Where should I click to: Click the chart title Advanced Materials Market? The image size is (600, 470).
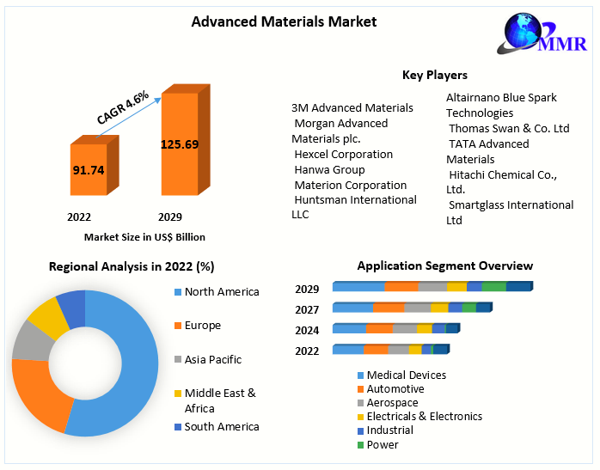click(x=284, y=21)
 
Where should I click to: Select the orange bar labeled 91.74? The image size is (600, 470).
click(x=88, y=170)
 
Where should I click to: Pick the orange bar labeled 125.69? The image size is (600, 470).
click(x=179, y=143)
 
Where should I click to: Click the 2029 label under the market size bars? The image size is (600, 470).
click(x=169, y=217)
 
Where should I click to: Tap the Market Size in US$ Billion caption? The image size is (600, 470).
click(x=144, y=236)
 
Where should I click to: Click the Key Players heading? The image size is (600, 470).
click(x=435, y=76)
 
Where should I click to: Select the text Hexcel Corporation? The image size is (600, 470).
click(x=343, y=155)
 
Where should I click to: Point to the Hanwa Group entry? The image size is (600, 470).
click(x=329, y=170)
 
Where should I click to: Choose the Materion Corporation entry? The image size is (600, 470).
click(x=350, y=186)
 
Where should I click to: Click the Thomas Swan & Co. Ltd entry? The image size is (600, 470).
click(x=509, y=129)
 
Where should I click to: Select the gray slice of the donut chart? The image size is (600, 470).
click(x=32, y=339)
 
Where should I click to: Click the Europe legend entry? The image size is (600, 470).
click(x=202, y=326)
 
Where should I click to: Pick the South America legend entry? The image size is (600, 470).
click(x=221, y=427)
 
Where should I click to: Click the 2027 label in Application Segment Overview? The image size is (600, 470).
click(x=307, y=309)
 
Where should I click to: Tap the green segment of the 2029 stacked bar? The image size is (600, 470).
click(x=493, y=286)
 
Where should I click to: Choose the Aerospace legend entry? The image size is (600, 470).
click(x=392, y=403)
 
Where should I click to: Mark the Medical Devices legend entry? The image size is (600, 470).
click(x=406, y=375)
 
